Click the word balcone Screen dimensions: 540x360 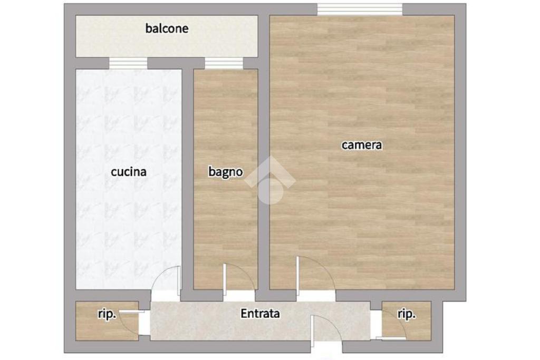coord(167,28)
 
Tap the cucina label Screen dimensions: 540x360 coord(129,171)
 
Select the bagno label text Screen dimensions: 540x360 coord(226,172)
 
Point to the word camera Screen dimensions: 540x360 coord(362,145)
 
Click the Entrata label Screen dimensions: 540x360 coord(260,314)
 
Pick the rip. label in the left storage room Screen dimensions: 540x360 coord(107,314)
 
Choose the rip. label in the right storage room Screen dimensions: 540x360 coord(407,314)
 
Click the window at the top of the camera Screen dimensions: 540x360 coord(360,9)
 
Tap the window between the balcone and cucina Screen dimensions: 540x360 coord(128,63)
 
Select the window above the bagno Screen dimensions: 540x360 coord(224,63)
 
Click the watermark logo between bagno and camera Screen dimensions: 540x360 coord(270,180)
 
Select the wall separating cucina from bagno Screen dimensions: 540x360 coord(188,179)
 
